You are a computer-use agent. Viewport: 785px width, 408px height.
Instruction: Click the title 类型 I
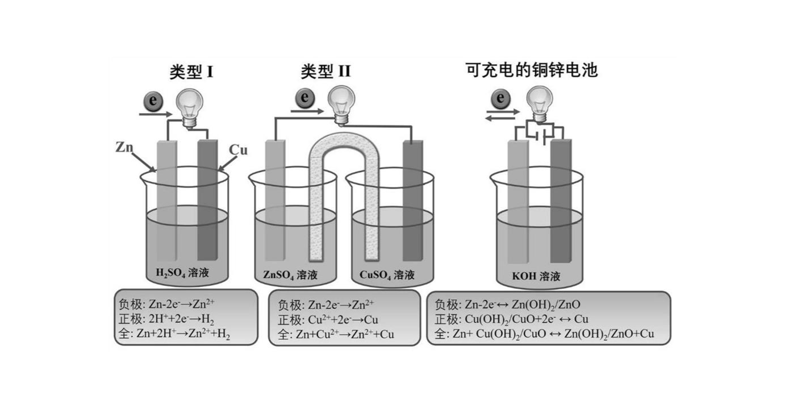(191, 72)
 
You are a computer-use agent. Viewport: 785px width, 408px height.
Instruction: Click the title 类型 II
(325, 72)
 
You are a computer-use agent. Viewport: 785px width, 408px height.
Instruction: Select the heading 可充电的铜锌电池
(531, 70)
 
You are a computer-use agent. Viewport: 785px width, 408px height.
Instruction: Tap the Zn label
(124, 147)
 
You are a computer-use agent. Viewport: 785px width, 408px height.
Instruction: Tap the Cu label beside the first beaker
(238, 150)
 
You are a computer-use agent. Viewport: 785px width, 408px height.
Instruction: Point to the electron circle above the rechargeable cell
(500, 98)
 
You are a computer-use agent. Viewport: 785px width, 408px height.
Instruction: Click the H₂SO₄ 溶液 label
(182, 273)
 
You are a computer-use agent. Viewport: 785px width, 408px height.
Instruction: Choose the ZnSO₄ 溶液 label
(290, 276)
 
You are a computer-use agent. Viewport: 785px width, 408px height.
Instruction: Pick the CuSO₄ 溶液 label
(387, 276)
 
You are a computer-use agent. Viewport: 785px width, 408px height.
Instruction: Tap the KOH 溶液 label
(536, 277)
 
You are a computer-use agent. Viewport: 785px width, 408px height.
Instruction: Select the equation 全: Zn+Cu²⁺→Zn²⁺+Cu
(335, 334)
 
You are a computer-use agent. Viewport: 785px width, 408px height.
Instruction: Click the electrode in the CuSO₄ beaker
(412, 199)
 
